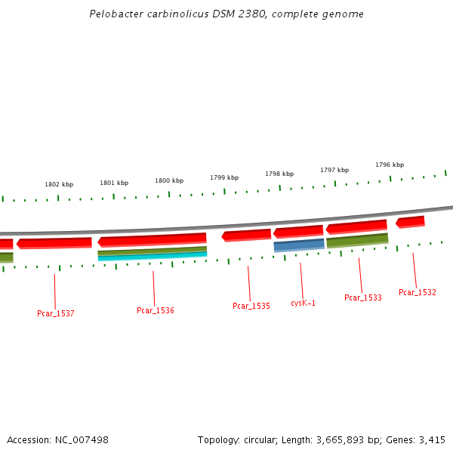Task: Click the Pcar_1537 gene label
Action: (x=55, y=313)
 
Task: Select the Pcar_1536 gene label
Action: (x=155, y=310)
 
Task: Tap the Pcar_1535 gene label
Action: (x=251, y=306)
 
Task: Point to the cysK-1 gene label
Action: (x=303, y=303)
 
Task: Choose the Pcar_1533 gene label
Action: (x=362, y=297)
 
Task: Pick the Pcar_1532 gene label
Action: (x=417, y=292)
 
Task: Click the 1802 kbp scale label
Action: (x=59, y=184)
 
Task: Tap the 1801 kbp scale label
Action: (x=114, y=183)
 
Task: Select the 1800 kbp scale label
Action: (x=169, y=180)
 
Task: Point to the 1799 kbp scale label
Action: (x=224, y=177)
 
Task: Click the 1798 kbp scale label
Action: (x=279, y=174)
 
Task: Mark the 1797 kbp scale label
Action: (x=334, y=170)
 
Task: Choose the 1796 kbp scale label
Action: (x=390, y=165)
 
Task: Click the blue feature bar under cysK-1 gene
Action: (x=299, y=245)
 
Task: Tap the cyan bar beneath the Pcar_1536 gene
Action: (x=153, y=257)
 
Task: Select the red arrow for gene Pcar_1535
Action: (x=246, y=235)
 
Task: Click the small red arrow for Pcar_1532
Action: (x=410, y=221)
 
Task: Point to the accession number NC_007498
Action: (x=82, y=439)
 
